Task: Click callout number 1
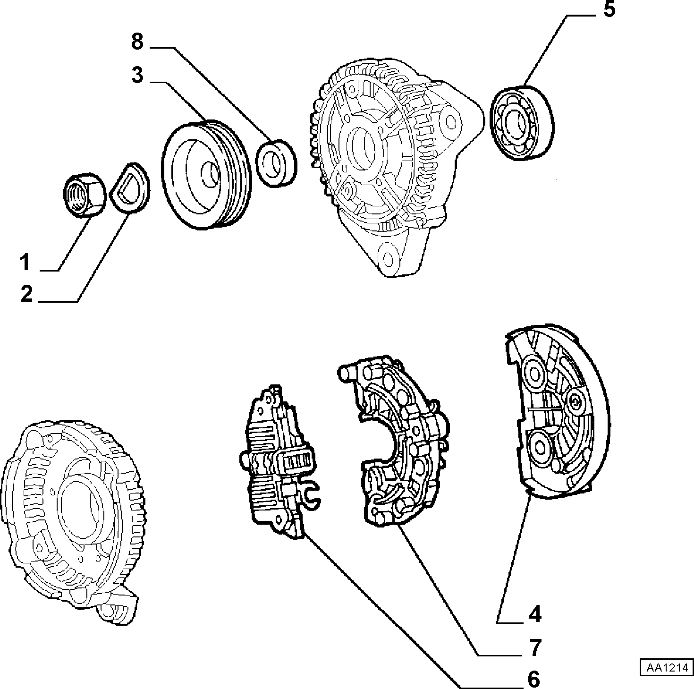point(25,262)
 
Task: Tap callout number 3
point(137,75)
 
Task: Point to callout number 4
point(535,614)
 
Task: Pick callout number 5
point(609,10)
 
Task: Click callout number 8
point(137,42)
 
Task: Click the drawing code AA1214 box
point(667,668)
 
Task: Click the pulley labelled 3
point(206,175)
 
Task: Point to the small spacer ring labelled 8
point(276,163)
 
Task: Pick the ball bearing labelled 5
point(522,122)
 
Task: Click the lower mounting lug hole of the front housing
point(388,258)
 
